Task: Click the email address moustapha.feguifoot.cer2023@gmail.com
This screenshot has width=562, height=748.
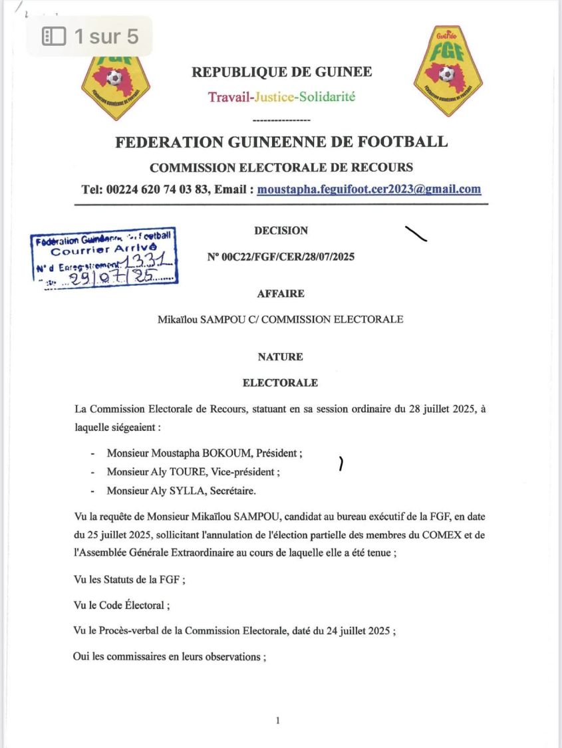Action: tap(369, 189)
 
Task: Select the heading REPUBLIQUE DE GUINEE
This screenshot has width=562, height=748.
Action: tap(281, 72)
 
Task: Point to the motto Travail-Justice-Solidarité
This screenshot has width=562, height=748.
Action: tap(281, 97)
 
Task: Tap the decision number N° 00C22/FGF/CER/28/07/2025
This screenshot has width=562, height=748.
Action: tap(281, 257)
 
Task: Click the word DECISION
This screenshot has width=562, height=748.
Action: tap(281, 231)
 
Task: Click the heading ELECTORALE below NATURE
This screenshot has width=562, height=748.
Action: tap(281, 383)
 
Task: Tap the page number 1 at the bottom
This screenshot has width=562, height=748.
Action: tap(278, 721)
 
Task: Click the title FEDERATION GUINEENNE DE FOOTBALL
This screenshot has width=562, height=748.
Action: tap(281, 142)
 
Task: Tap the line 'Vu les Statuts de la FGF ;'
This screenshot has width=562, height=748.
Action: tap(129, 580)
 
